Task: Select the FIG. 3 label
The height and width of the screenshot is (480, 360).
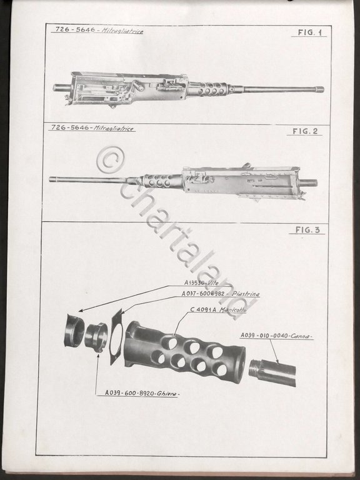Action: pyautogui.click(x=307, y=230)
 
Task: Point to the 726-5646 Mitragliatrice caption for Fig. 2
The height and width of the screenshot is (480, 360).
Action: pyautogui.click(x=92, y=128)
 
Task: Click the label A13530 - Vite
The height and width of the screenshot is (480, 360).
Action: pyautogui.click(x=198, y=282)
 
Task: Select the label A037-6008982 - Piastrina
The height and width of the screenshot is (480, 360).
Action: pyautogui.click(x=211, y=293)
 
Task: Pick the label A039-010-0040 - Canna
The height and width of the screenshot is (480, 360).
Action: pyautogui.click(x=277, y=336)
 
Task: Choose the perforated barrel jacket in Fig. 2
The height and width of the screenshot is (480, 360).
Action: pyautogui.click(x=161, y=181)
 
